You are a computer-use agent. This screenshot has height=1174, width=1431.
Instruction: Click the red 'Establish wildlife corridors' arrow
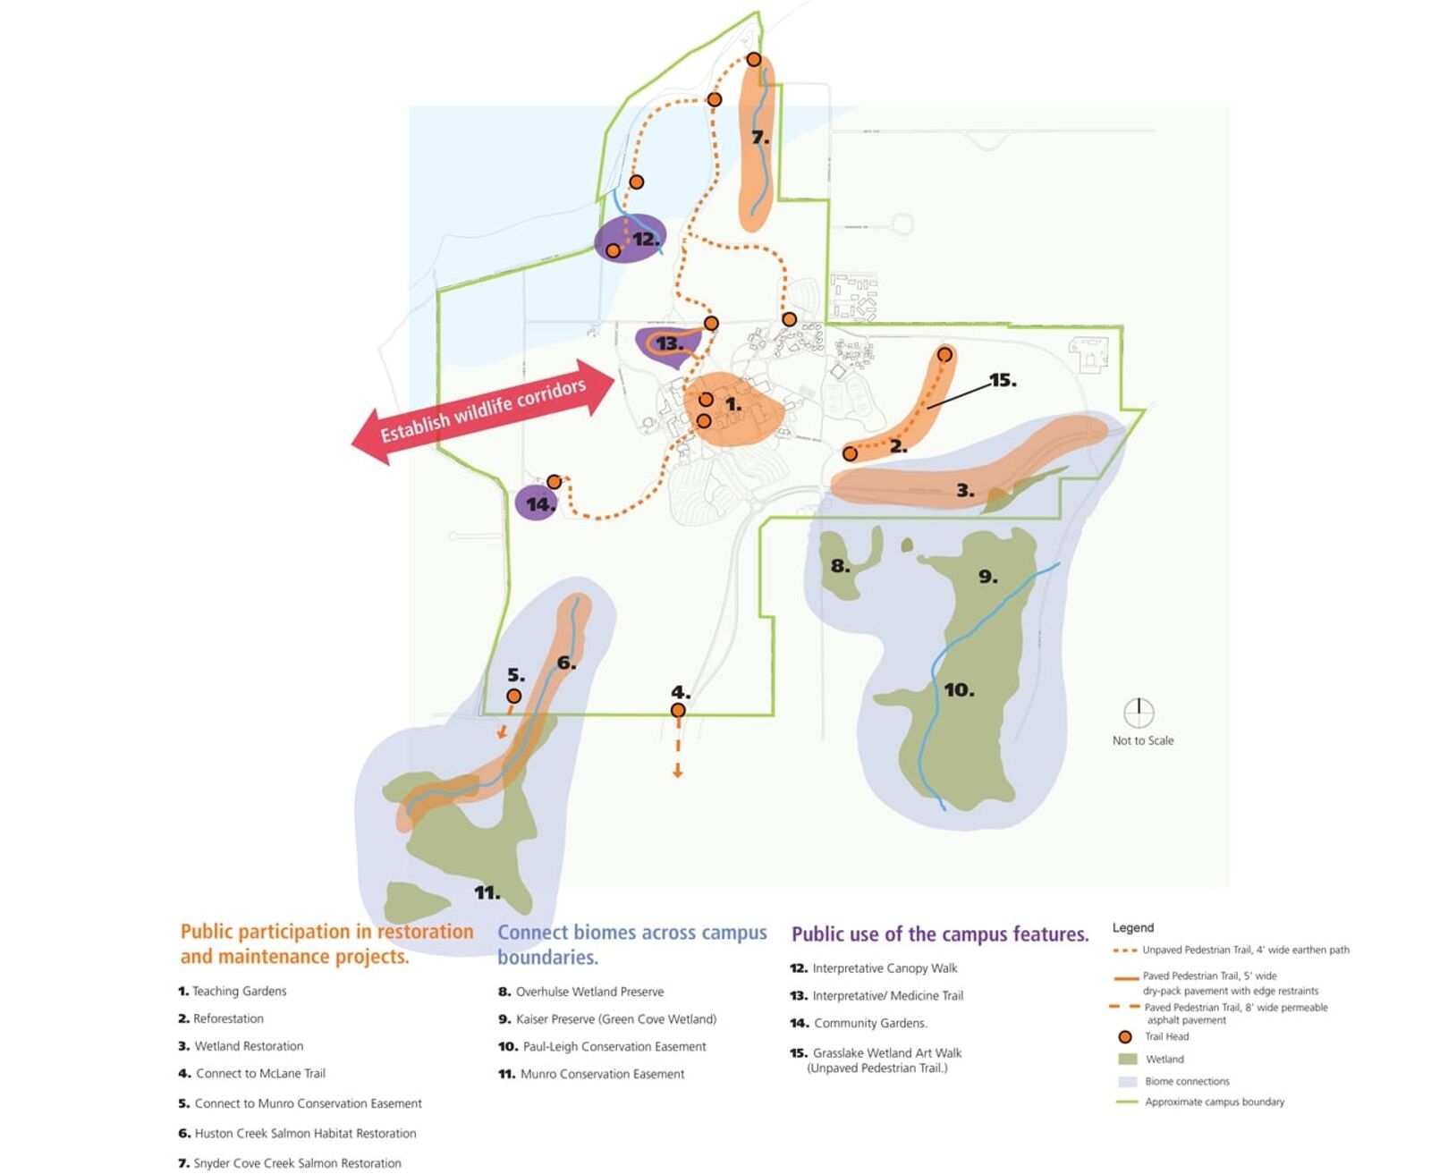483,411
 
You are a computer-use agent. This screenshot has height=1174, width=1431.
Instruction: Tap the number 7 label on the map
760,138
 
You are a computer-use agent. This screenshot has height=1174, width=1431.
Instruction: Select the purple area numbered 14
537,503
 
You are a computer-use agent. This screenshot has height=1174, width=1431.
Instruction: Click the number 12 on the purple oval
646,239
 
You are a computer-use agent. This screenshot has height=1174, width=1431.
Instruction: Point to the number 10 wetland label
959,690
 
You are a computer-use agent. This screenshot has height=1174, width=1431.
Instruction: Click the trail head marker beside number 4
678,711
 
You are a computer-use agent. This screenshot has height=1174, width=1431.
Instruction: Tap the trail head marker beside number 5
514,697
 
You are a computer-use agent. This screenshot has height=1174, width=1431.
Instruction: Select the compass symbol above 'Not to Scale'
1139,714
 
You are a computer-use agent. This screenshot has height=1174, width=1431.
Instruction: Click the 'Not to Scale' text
1143,740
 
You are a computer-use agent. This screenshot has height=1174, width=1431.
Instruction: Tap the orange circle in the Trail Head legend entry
1125,1037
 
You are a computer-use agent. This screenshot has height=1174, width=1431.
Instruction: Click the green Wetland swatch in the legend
1128,1060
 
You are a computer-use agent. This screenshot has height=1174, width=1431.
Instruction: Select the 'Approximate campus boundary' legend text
1214,1102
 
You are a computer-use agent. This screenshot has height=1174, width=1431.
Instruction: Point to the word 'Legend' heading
1133,927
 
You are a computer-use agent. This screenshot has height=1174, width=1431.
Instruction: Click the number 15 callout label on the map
1003,381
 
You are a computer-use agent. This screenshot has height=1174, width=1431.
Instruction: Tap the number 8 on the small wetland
840,566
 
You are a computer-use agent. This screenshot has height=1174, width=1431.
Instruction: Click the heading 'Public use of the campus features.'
940,934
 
